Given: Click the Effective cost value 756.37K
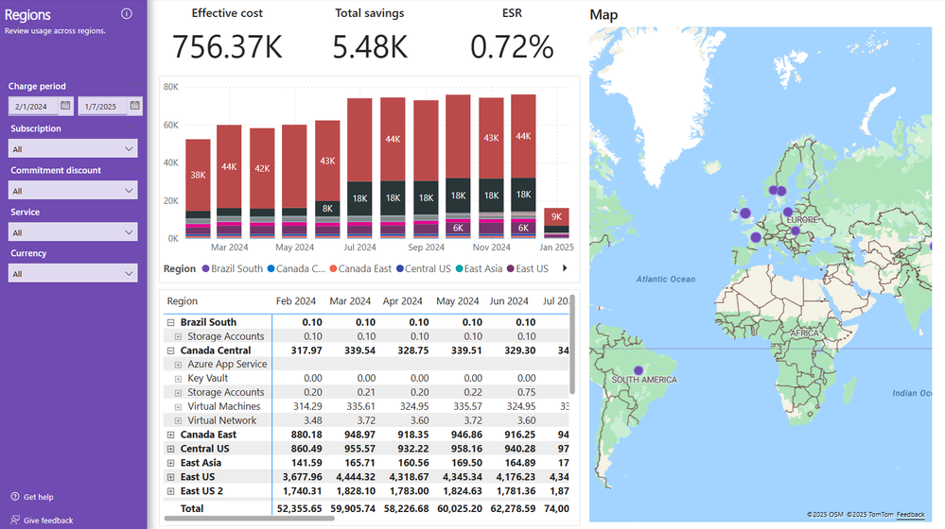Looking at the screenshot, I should (x=227, y=47).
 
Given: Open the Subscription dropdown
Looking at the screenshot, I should (x=73, y=149).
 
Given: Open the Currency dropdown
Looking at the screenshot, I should (x=73, y=274).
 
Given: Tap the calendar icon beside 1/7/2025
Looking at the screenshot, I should (x=135, y=106).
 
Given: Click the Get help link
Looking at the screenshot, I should (x=38, y=497).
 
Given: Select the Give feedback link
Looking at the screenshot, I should (x=47, y=520).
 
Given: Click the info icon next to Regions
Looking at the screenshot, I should (x=127, y=14).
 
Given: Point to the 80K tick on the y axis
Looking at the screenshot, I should (x=171, y=87).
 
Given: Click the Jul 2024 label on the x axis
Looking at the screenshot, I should (x=360, y=247).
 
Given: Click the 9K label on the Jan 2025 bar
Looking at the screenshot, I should (x=557, y=217).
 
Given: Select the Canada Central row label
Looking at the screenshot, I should (x=216, y=350).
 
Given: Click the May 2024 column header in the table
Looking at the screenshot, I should (x=456, y=301).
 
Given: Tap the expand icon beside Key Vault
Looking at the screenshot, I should (x=178, y=379).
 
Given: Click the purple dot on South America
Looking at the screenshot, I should (x=639, y=370).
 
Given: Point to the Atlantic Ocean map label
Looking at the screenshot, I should (x=665, y=280).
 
